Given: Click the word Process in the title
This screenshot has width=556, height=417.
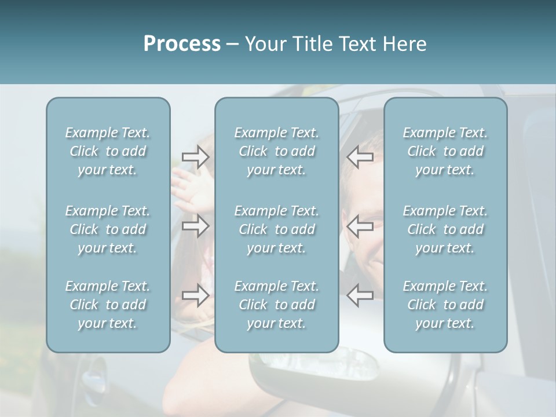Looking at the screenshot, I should (182, 44).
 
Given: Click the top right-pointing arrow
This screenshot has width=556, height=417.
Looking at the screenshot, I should (195, 156).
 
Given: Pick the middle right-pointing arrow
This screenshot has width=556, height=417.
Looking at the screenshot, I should (195, 226).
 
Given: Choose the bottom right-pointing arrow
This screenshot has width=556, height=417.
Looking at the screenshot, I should (195, 295).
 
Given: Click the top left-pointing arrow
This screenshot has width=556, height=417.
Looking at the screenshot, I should (360, 156).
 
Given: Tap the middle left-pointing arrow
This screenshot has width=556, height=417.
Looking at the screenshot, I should (360, 226).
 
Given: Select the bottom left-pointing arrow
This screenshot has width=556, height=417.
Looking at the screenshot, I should (360, 295).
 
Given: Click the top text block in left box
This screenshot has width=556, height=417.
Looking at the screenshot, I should (108, 151).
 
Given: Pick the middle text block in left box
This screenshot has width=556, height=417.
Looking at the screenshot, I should (108, 229).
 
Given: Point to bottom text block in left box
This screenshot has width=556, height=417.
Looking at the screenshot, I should (108, 305).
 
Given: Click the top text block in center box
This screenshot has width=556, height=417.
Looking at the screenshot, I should (276, 151).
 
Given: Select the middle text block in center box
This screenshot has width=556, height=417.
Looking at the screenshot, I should (276, 229).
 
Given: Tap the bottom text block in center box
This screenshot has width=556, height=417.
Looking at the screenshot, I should (276, 305).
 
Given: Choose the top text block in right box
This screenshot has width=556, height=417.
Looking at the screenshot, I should (445, 151).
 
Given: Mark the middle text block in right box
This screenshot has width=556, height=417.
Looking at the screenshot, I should (445, 229).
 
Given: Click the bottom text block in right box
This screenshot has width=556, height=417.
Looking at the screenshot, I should (445, 305).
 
